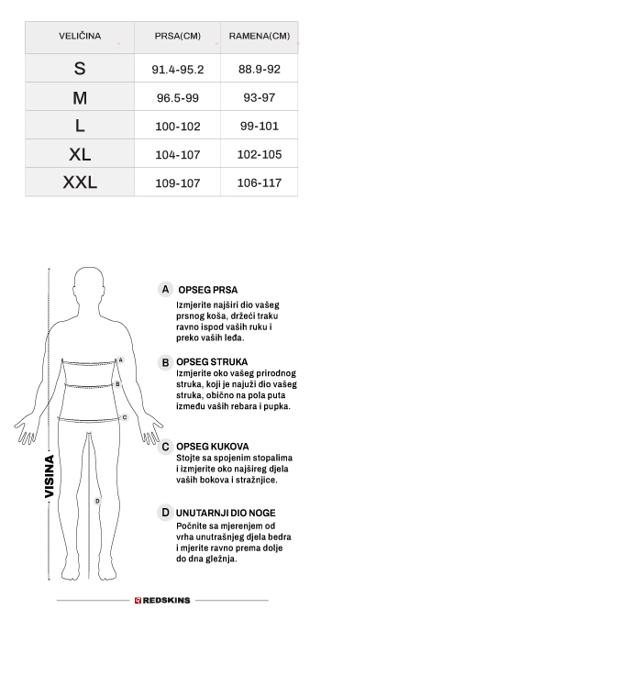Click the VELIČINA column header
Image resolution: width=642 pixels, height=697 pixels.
click(x=80, y=37)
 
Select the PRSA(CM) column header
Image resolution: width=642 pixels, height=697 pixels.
click(x=178, y=37)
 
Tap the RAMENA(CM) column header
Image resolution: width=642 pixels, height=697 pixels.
click(x=259, y=37)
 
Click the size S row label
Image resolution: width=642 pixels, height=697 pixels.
click(x=80, y=69)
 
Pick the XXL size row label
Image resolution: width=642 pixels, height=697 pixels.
click(x=80, y=183)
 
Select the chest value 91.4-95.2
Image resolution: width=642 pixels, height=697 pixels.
click(x=178, y=70)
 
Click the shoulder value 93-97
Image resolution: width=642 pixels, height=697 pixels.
click(x=259, y=98)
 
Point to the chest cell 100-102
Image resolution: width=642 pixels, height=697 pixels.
click(x=178, y=127)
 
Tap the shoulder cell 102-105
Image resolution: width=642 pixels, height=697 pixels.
click(x=259, y=155)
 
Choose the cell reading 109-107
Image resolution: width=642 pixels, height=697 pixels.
click(x=178, y=183)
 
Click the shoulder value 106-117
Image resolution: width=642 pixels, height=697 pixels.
click(x=259, y=183)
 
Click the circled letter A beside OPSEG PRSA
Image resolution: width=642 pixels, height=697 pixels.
click(x=165, y=290)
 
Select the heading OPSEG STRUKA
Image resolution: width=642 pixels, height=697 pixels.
click(x=212, y=362)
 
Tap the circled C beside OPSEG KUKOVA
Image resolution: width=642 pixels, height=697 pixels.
click(x=165, y=448)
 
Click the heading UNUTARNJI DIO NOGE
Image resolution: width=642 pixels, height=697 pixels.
click(x=226, y=514)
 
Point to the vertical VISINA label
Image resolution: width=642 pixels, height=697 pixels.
click(x=50, y=476)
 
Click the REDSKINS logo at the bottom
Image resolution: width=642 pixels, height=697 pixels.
click(x=162, y=601)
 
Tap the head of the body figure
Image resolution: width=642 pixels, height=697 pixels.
click(x=89, y=286)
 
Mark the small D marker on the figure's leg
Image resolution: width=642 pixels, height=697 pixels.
click(x=97, y=501)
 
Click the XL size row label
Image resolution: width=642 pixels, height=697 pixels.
click(x=80, y=155)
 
